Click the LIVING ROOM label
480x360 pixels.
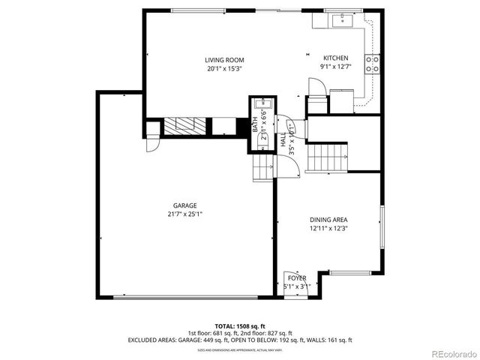225,60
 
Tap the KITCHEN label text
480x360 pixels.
335,58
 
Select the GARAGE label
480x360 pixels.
184,205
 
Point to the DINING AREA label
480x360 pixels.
328,220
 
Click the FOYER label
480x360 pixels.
297,277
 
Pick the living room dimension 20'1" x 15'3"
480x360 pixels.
225,69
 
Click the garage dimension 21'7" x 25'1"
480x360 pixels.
184,214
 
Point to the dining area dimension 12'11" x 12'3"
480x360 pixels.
328,229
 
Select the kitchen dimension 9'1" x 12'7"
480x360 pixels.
335,67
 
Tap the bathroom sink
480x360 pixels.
259,105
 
